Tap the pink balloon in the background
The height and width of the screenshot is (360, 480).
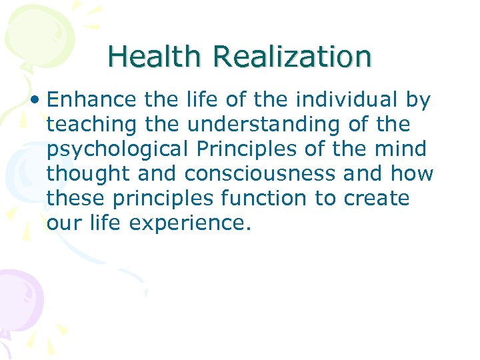coord(19,297)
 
